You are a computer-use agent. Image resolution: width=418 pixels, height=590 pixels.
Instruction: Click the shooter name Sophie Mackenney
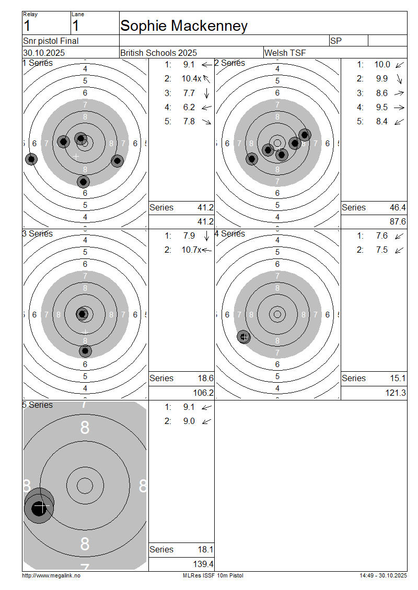[x=184, y=26]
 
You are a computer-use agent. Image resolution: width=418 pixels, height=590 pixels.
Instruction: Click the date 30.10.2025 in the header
[x=44, y=53]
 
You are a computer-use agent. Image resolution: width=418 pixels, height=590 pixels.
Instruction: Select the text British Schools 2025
[x=158, y=53]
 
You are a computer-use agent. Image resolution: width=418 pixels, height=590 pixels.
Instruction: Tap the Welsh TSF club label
[x=285, y=53]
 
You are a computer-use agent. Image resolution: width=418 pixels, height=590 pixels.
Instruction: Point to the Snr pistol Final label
[x=51, y=41]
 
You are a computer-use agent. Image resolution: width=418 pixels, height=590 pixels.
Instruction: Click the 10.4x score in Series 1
[x=191, y=79]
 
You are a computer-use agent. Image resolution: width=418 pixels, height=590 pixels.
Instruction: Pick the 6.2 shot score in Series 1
[x=189, y=107]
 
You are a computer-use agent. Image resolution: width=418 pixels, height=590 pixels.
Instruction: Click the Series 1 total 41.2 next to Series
[x=206, y=207]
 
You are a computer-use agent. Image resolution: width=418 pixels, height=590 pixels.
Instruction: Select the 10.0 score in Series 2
[x=382, y=64]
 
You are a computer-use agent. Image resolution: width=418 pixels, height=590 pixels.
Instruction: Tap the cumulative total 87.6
[x=398, y=221]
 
